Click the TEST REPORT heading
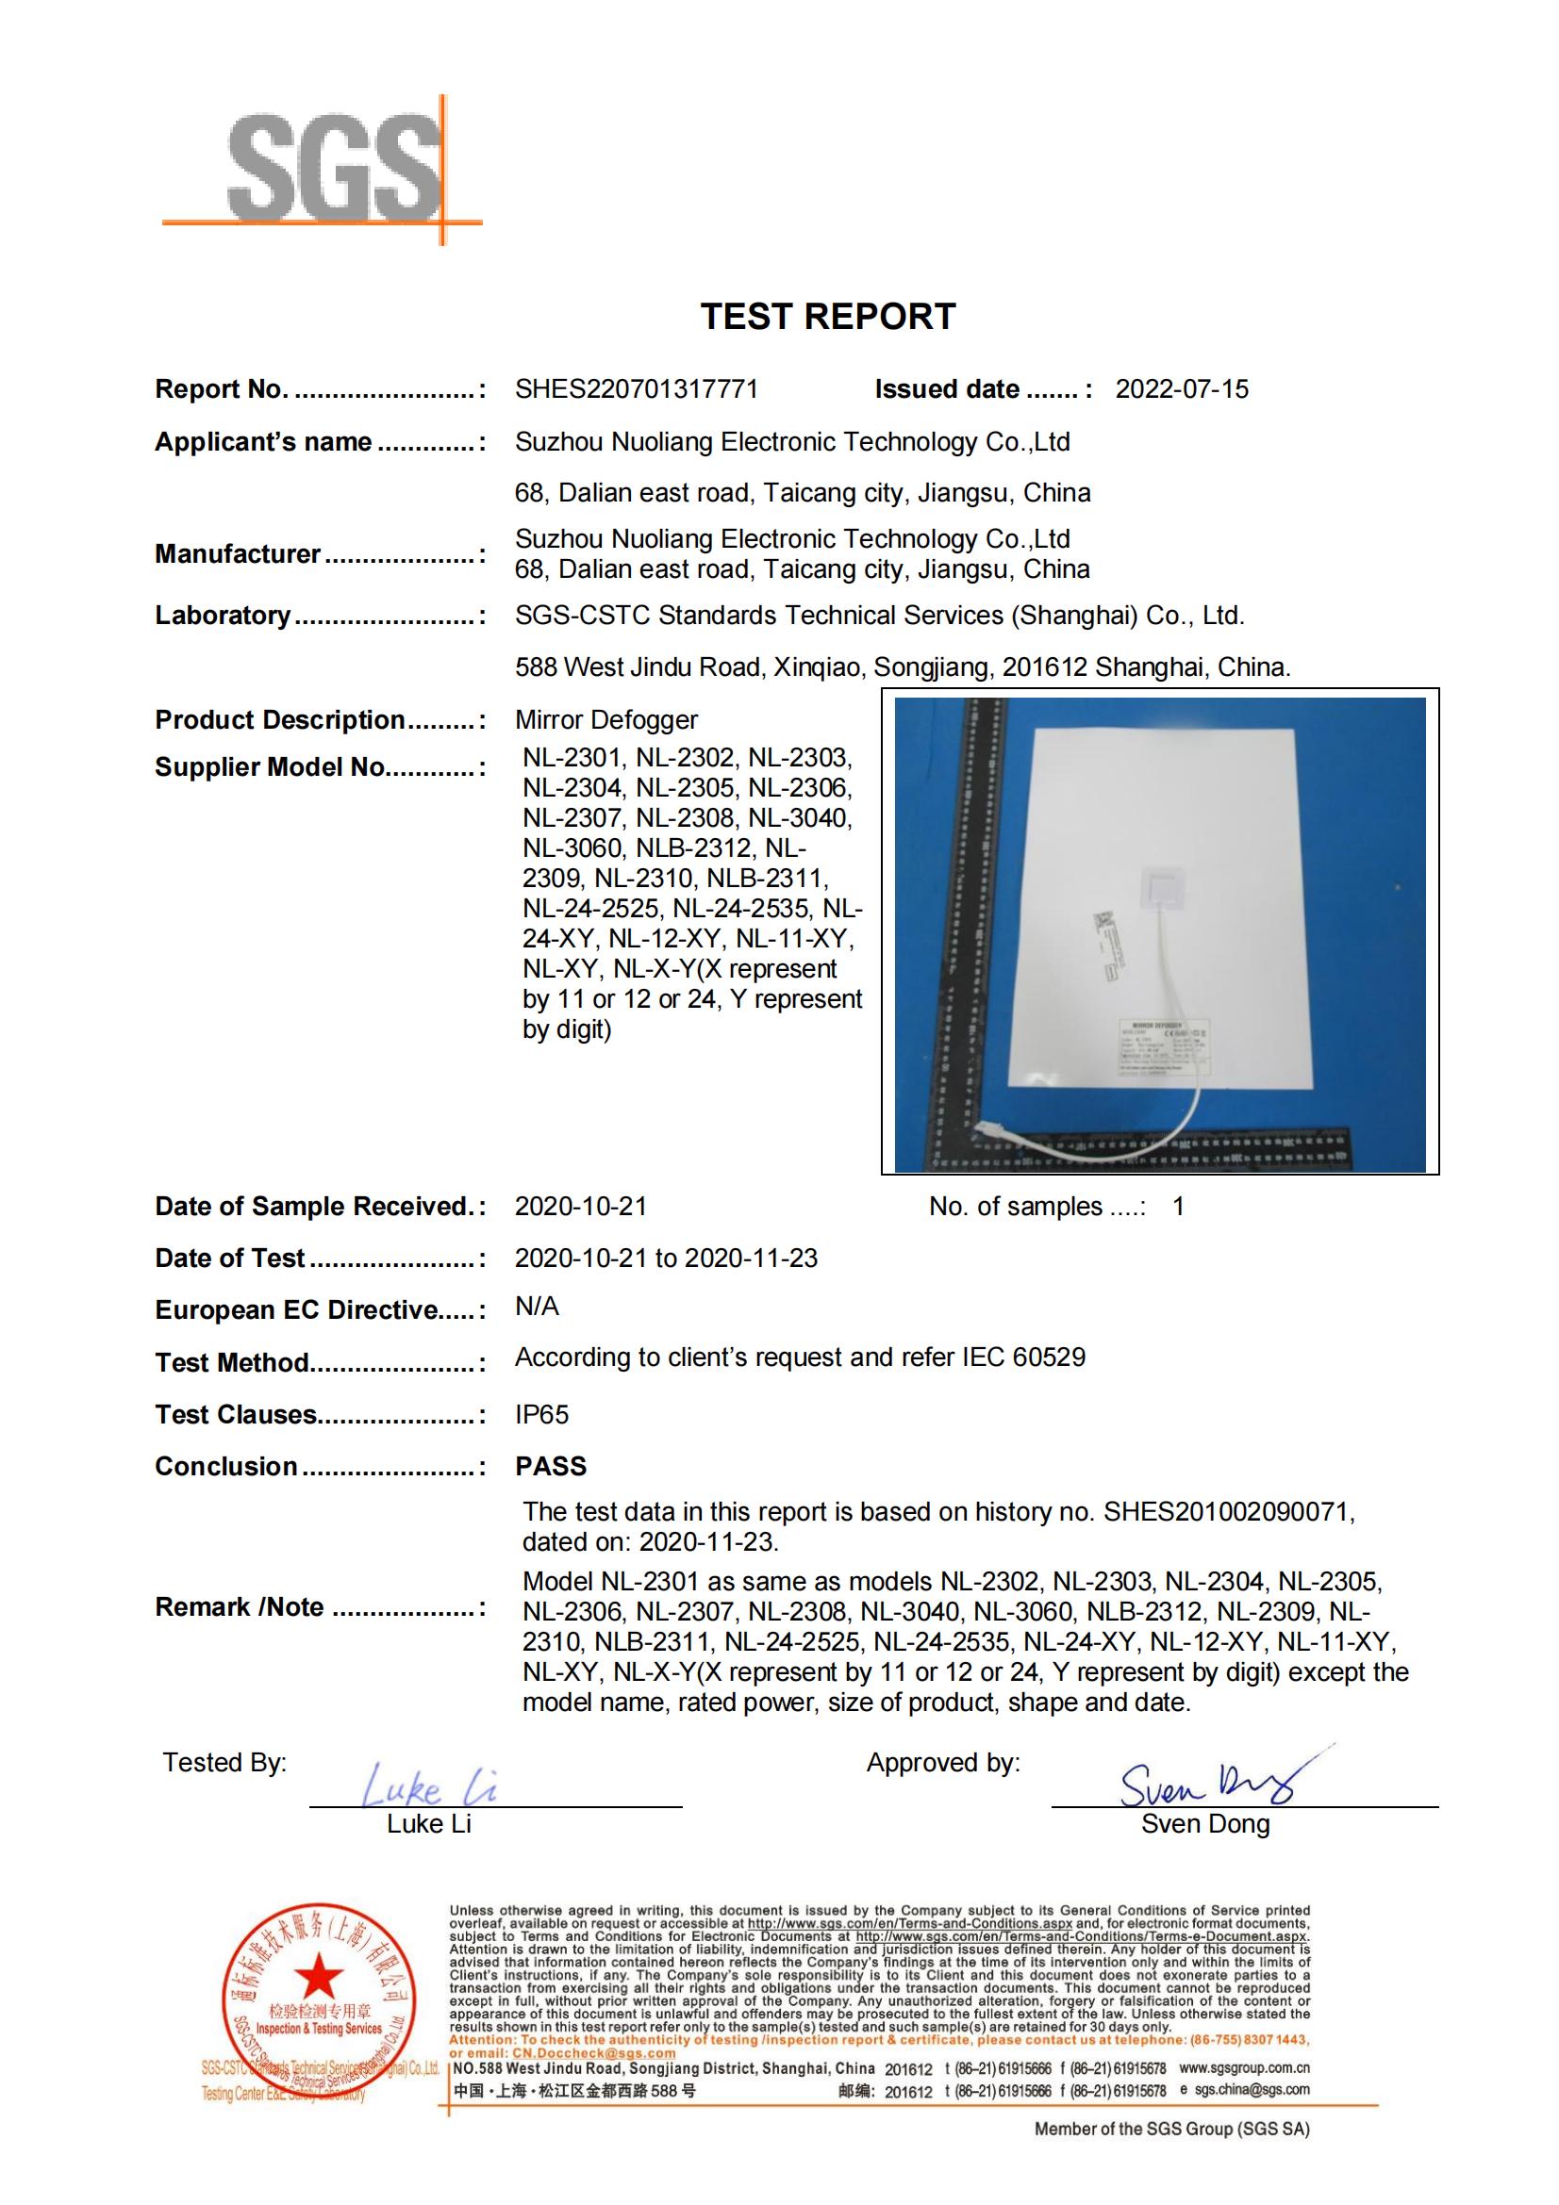pyautogui.click(x=828, y=317)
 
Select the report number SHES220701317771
pyautogui.click(x=636, y=389)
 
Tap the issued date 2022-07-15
pyautogui.click(x=1182, y=389)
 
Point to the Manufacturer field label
pyautogui.click(x=238, y=554)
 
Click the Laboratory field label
pyautogui.click(x=223, y=615)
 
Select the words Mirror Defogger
pyautogui.click(x=606, y=719)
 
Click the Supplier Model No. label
pyautogui.click(x=270, y=766)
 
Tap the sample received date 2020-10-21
pyautogui.click(x=581, y=1207)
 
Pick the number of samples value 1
pyautogui.click(x=1178, y=1207)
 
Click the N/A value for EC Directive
pyautogui.click(x=537, y=1306)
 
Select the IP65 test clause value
pyautogui.click(x=541, y=1415)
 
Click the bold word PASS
pyautogui.click(x=551, y=1467)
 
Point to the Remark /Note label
pyautogui.click(x=240, y=1606)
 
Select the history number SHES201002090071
pyautogui.click(x=1228, y=1511)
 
